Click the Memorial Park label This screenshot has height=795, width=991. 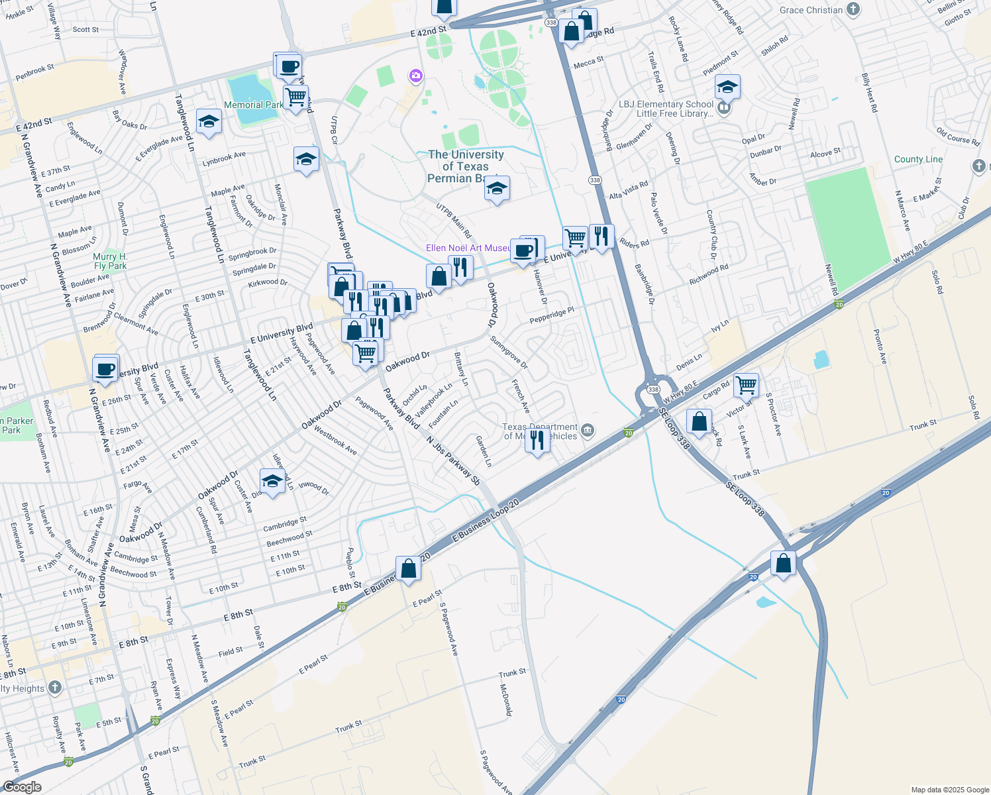coord(254,105)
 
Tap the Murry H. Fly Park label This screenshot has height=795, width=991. coord(110,261)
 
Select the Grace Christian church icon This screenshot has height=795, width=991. coord(854,9)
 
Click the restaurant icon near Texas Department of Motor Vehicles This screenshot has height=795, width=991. coord(537,440)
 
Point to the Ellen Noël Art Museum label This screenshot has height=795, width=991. coord(468,248)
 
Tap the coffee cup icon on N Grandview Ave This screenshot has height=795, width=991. coord(106,369)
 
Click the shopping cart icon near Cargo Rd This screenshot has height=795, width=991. coord(747,384)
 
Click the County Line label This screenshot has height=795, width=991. coord(918,159)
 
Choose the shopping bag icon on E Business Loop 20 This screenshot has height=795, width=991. coord(409,568)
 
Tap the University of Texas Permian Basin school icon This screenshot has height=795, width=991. coord(497,189)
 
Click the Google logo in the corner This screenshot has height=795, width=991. coord(23,786)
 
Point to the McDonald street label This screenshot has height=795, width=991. coord(506,700)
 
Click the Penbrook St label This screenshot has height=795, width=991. coord(34,72)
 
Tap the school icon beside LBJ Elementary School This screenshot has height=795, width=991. coord(727,87)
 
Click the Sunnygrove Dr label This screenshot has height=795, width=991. coord(509,352)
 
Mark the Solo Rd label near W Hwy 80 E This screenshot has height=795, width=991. coord(936,282)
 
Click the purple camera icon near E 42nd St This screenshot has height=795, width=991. coord(415,76)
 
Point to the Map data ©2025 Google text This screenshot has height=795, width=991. coord(949,789)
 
